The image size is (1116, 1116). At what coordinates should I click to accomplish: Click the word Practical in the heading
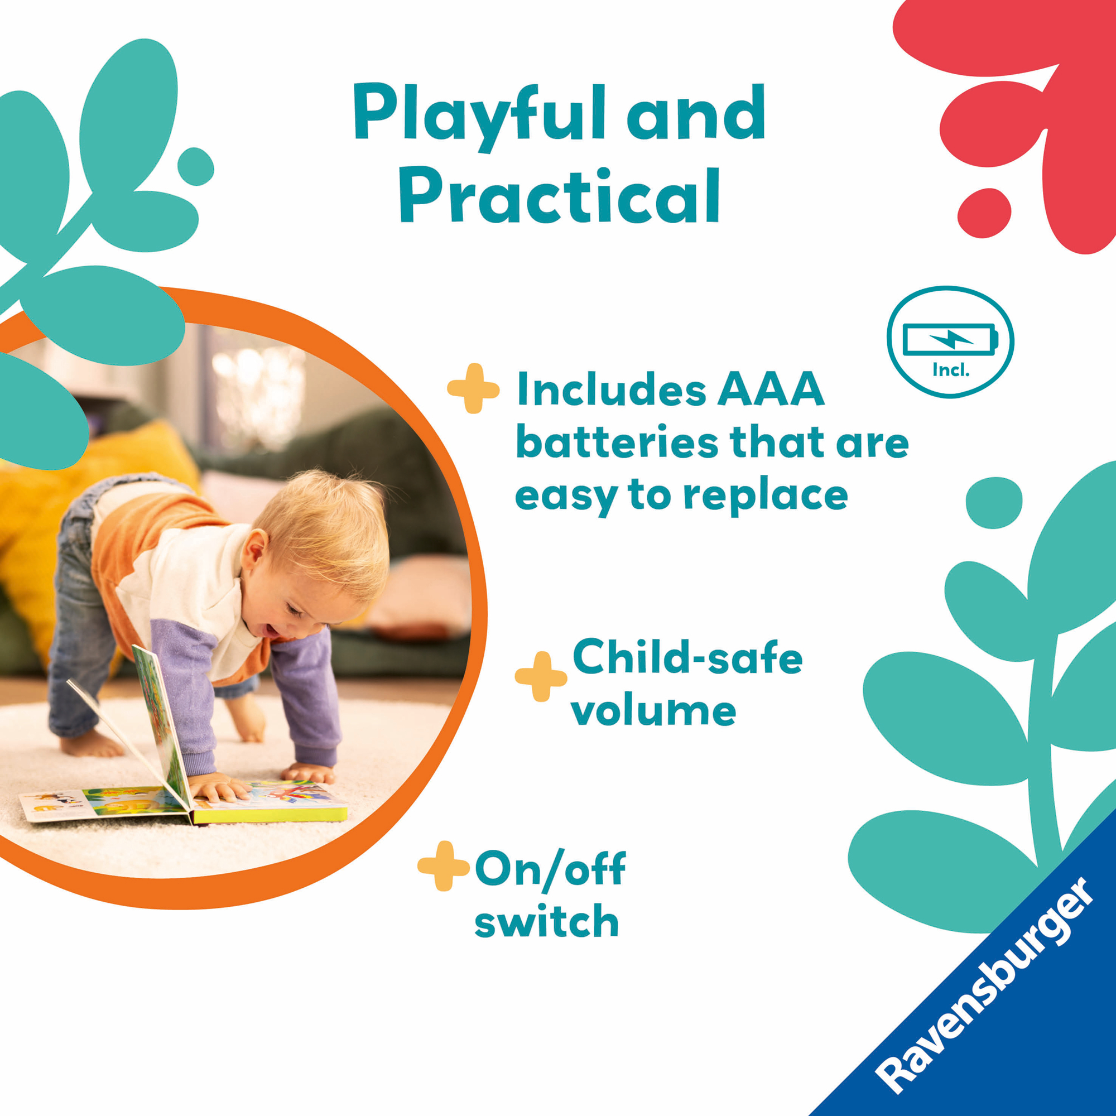tap(559, 195)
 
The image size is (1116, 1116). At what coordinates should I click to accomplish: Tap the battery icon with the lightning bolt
tap(950, 339)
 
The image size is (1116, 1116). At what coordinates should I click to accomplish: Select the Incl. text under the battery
tap(951, 370)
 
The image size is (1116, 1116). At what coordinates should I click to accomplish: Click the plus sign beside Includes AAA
tap(473, 389)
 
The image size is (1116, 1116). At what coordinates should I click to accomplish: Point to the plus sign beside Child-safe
tap(541, 677)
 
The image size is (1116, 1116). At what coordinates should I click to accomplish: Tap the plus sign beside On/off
tap(444, 866)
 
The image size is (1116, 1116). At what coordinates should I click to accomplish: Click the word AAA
tap(771, 389)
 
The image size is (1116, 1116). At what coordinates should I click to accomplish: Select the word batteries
tap(617, 442)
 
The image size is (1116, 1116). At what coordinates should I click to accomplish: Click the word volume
tap(654, 710)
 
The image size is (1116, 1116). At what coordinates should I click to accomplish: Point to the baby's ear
tap(254, 553)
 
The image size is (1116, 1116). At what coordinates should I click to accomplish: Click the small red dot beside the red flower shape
tap(984, 213)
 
